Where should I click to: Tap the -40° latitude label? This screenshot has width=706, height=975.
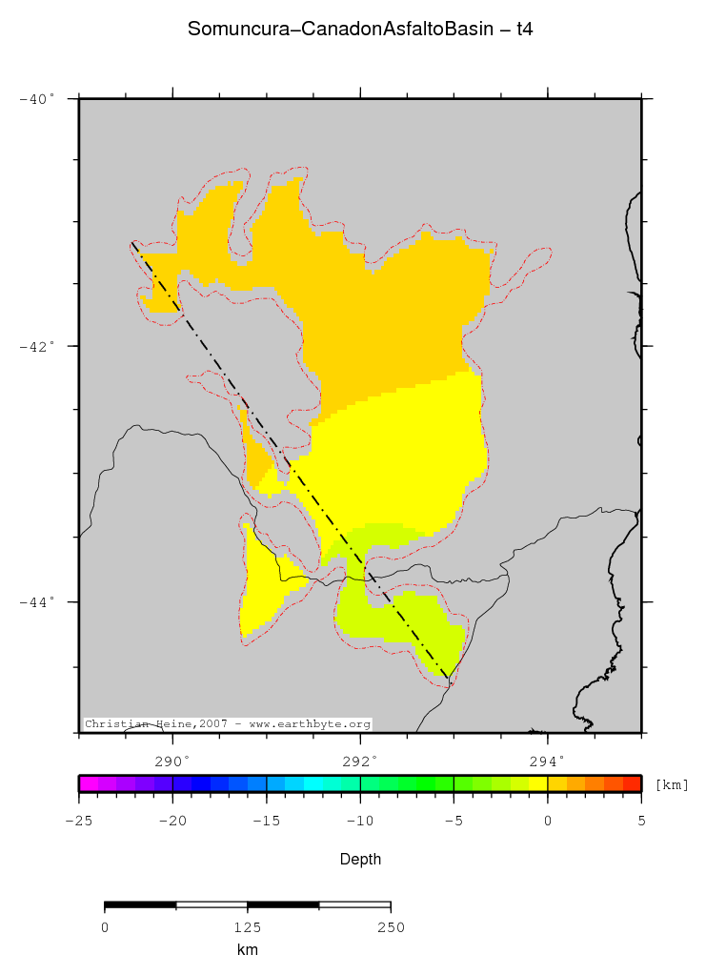[x=38, y=98]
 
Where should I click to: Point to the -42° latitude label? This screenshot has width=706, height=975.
[x=38, y=346]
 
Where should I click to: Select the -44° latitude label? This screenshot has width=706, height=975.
[x=38, y=601]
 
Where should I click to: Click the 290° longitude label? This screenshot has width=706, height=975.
[x=172, y=761]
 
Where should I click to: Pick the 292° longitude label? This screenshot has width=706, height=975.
[x=360, y=761]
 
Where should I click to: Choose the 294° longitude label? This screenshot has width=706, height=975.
[x=547, y=761]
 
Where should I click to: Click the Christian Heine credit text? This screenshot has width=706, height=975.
[x=228, y=724]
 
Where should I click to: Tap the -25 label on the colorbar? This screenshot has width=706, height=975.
[x=78, y=820]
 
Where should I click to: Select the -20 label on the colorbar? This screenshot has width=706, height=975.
[x=171, y=820]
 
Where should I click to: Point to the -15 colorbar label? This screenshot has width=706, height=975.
[x=266, y=820]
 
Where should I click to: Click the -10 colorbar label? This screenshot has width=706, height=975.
[x=359, y=820]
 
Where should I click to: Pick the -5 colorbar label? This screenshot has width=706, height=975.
[x=454, y=820]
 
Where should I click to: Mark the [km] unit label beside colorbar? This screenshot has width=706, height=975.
[x=672, y=784]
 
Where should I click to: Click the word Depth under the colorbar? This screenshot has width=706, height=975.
[x=360, y=860]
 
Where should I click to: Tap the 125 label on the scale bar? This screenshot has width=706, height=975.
[x=247, y=926]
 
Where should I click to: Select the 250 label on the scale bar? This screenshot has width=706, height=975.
[x=391, y=926]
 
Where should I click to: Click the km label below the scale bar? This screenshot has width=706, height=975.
[x=247, y=950]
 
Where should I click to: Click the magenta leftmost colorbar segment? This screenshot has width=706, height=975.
[x=88, y=783]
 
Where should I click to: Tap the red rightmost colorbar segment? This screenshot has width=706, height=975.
[x=632, y=783]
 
